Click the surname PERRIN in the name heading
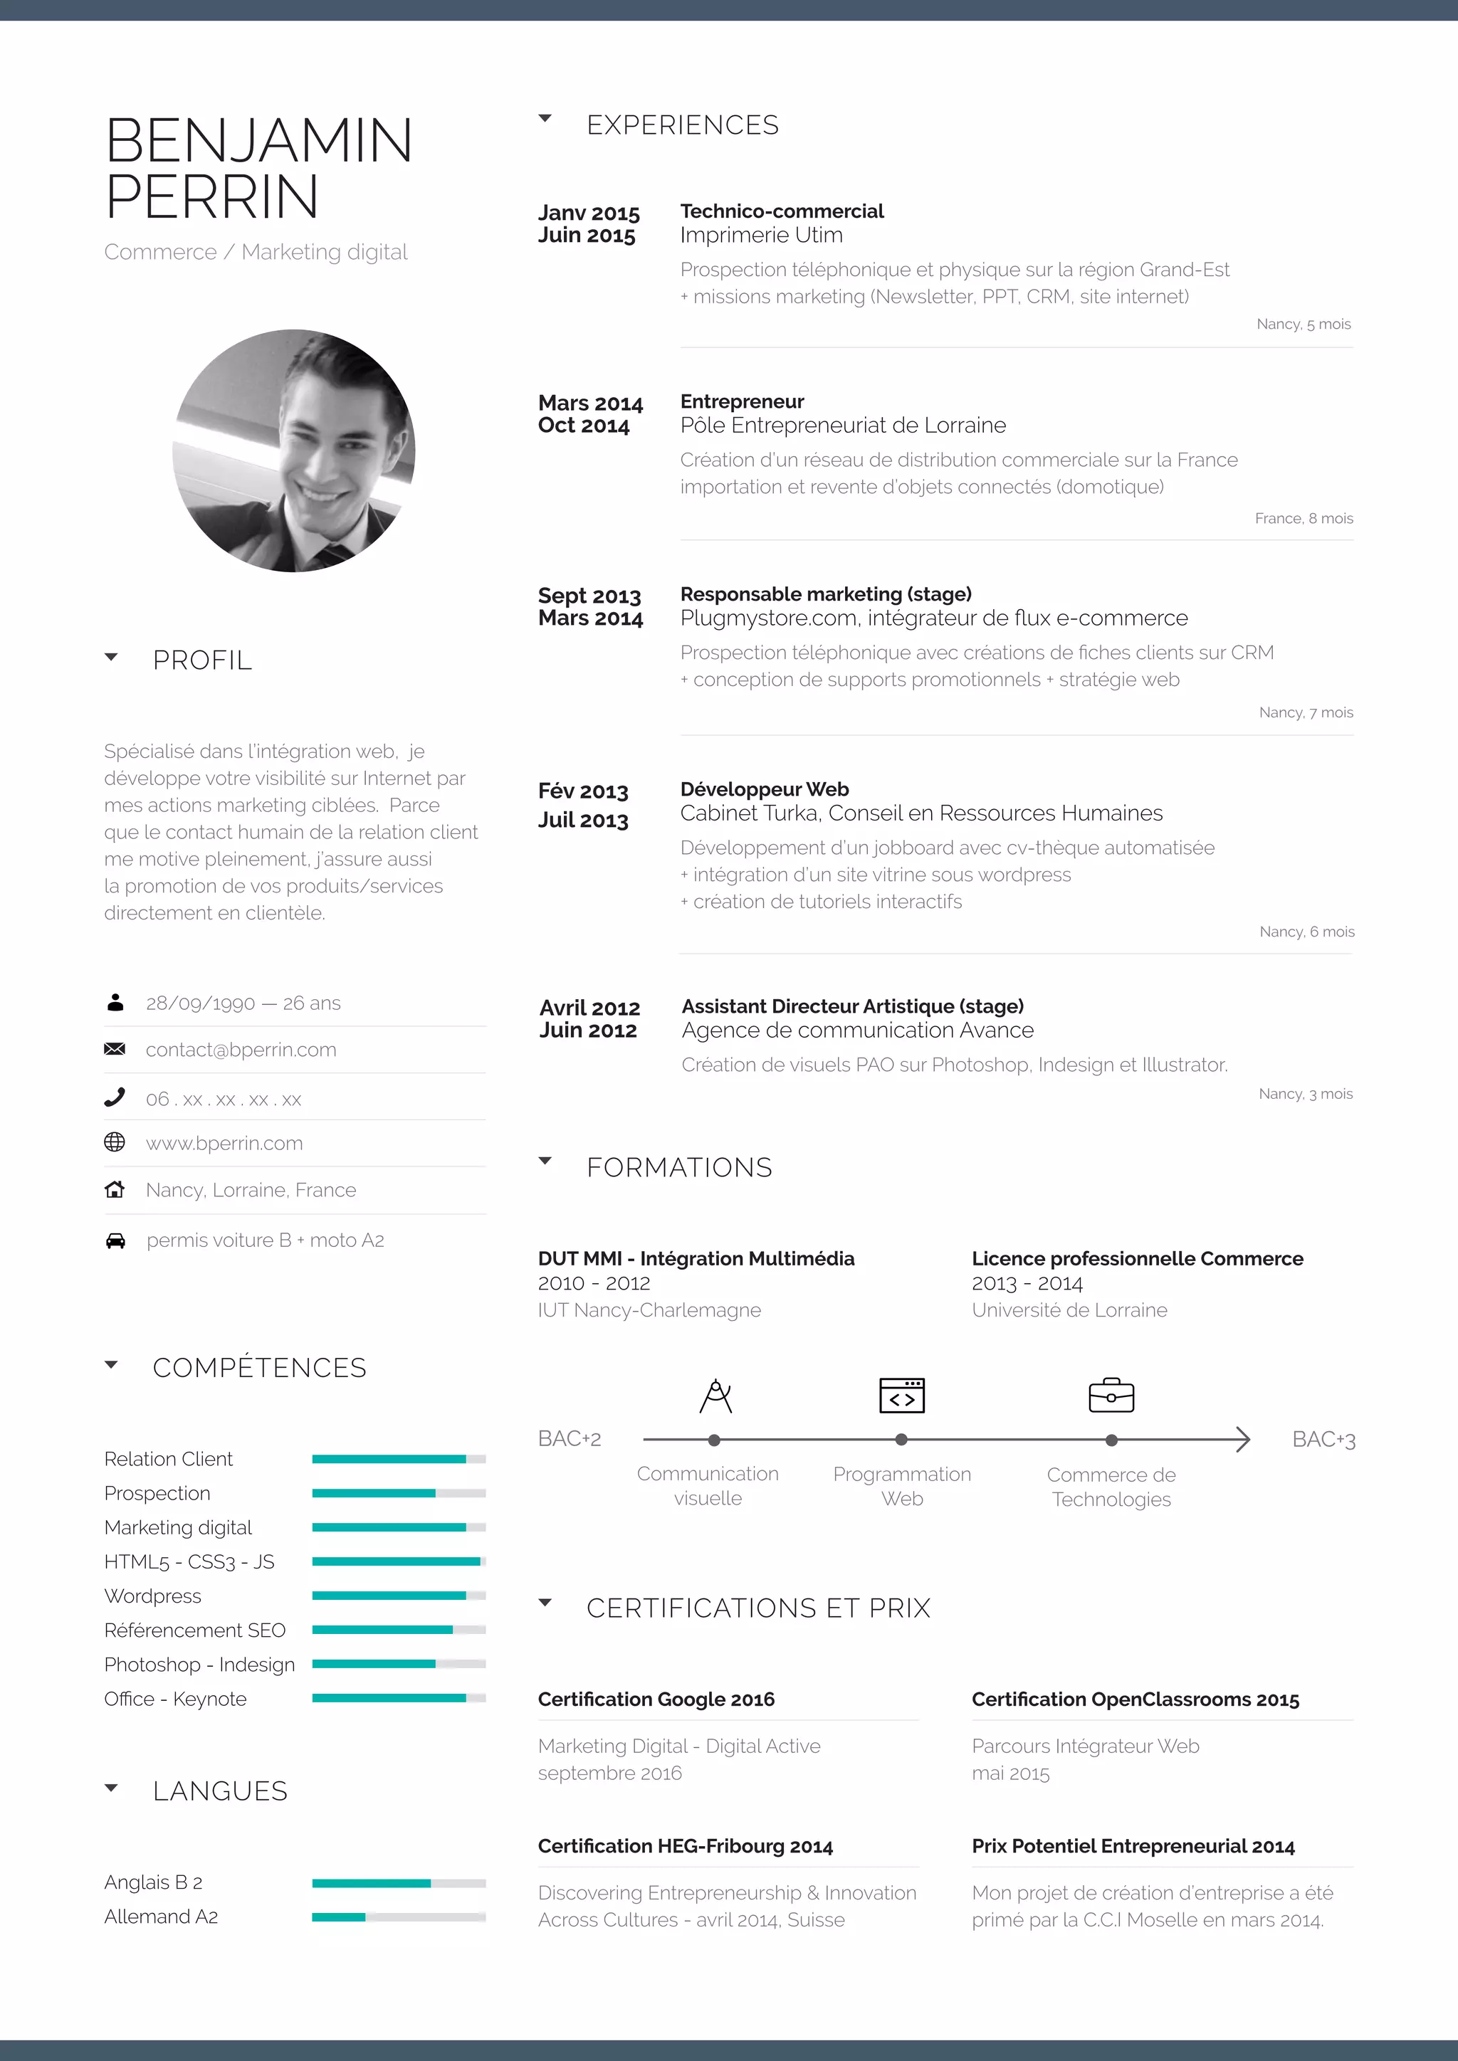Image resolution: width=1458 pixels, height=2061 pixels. [212, 197]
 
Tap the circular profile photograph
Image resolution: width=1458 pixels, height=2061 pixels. [293, 450]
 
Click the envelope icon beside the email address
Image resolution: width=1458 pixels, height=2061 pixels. [115, 1049]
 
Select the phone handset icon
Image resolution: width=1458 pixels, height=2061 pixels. [115, 1097]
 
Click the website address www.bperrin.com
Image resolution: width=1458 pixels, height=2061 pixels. [224, 1144]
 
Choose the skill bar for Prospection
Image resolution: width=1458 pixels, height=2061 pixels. [399, 1493]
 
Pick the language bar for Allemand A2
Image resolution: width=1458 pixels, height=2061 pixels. [399, 1917]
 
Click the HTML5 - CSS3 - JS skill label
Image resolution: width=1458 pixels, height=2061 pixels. [189, 1562]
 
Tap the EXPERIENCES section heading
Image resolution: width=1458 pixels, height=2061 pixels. [682, 125]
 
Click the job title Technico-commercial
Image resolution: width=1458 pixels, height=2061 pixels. [782, 211]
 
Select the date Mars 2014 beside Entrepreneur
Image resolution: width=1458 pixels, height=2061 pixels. [591, 403]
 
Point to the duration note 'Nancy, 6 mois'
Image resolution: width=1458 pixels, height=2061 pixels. [1306, 932]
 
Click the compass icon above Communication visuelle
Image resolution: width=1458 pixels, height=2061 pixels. [715, 1396]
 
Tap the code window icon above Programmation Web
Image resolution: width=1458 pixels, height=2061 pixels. [901, 1396]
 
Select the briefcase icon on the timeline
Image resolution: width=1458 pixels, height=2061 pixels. [1111, 1396]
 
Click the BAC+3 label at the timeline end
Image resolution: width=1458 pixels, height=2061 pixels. [1323, 1440]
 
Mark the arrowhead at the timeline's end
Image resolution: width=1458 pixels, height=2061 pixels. [1242, 1440]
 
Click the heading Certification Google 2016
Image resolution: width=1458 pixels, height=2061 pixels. [656, 1699]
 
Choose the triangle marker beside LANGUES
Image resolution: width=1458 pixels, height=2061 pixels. [111, 1788]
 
